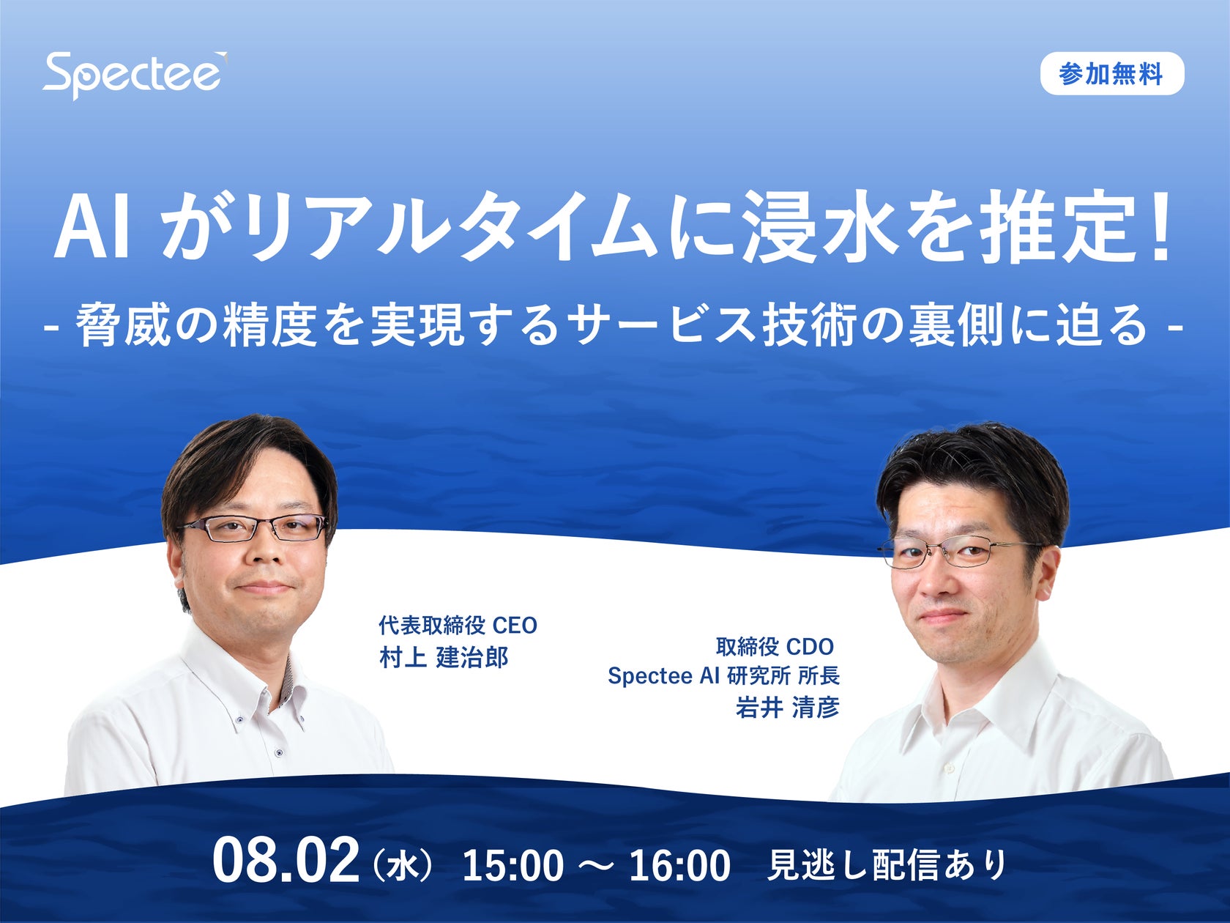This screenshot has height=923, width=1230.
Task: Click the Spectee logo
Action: pyautogui.click(x=134, y=74)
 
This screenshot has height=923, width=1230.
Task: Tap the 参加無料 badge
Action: pyautogui.click(x=1111, y=74)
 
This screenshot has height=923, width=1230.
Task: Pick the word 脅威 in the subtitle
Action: pyautogui.click(x=122, y=325)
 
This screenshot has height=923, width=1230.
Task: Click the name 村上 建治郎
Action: pyautogui.click(x=444, y=658)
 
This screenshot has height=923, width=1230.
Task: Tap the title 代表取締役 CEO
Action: pyautogui.click(x=458, y=626)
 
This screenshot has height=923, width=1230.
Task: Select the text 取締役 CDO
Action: pyautogui.click(x=775, y=647)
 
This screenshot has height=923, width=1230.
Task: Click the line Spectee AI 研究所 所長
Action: pyautogui.click(x=723, y=675)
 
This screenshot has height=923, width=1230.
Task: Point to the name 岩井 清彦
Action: pyautogui.click(x=787, y=708)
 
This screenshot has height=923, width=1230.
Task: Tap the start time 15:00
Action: pyautogui.click(x=512, y=866)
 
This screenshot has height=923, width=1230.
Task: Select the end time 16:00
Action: pyautogui.click(x=679, y=866)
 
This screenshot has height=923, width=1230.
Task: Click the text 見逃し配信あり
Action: pyautogui.click(x=887, y=865)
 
